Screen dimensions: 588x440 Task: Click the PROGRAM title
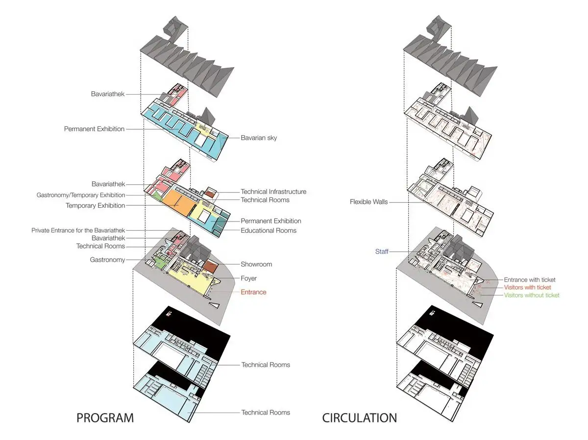(105, 418)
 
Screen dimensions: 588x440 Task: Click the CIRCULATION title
(360, 418)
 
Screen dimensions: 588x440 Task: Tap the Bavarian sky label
(259, 138)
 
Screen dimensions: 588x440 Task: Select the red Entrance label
(253, 292)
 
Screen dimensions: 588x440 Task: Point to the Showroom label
(256, 264)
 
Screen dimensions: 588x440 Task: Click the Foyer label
(248, 278)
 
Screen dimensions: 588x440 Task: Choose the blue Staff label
(382, 251)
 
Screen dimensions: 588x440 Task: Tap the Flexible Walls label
(368, 202)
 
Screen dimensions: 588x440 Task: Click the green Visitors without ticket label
(532, 295)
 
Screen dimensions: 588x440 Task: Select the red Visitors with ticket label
(527, 287)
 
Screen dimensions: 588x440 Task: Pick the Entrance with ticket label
(530, 280)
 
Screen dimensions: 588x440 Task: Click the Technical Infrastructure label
(273, 192)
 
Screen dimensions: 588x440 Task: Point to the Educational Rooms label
(269, 231)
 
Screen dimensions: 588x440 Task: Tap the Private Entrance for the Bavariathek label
(78, 230)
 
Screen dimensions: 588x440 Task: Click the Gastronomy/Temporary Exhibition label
(81, 195)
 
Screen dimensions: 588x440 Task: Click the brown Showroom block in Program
(210, 267)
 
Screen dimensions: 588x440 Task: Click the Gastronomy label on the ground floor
(107, 260)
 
